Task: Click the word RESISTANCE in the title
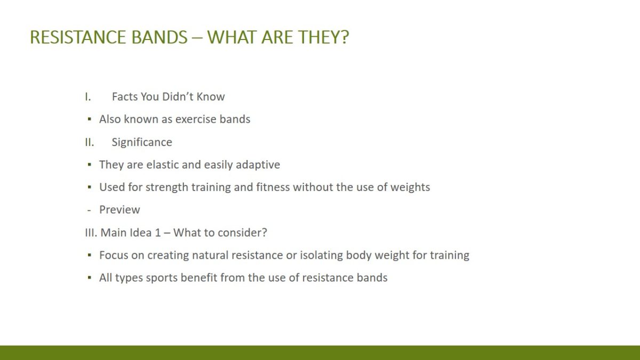[x=77, y=37]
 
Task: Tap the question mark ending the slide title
[x=345, y=37]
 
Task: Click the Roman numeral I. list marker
[x=87, y=97]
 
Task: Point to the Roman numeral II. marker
[x=90, y=142]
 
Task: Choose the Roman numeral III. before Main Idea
[x=91, y=233]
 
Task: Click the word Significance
[x=142, y=142]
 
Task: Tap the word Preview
[x=119, y=210]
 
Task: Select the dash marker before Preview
[x=89, y=211]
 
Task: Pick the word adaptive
[x=258, y=165]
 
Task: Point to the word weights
[x=410, y=187]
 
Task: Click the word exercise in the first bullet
[x=196, y=119]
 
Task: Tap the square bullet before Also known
[x=90, y=119]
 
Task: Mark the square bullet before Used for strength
[x=90, y=187]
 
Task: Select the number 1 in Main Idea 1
[x=158, y=233]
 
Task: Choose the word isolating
[x=322, y=255]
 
